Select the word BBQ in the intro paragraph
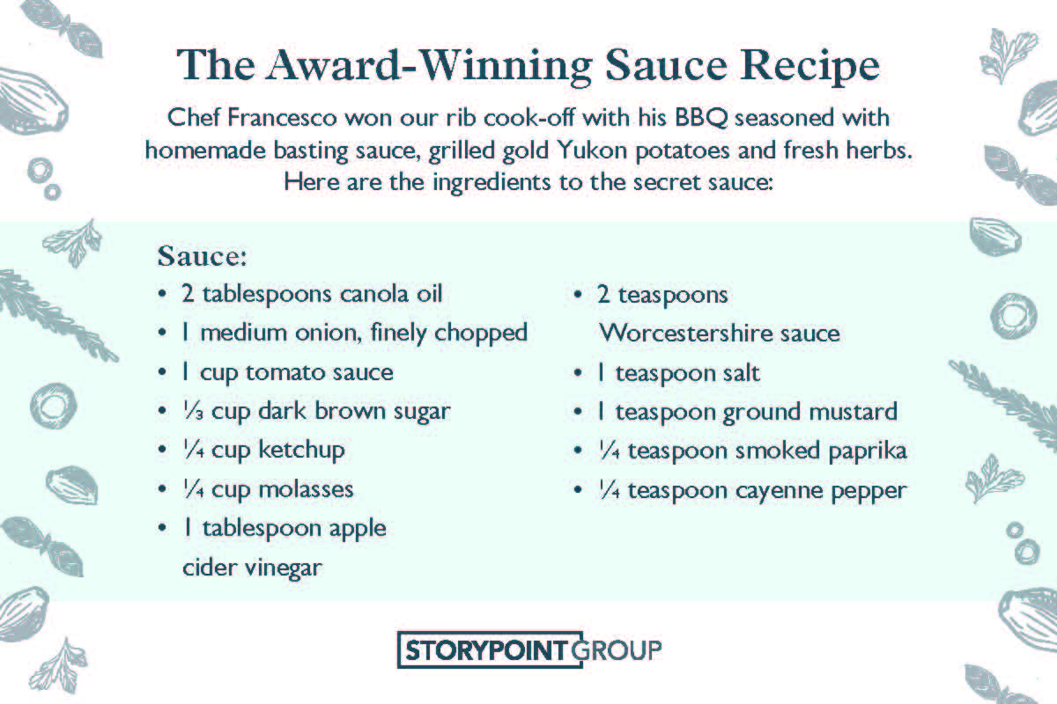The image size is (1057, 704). click(x=701, y=117)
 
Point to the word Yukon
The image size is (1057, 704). click(x=591, y=150)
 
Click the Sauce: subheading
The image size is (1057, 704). click(x=202, y=256)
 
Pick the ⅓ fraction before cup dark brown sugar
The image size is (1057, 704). click(x=193, y=411)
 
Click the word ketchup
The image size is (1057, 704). click(x=301, y=451)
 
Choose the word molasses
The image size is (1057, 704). click(x=306, y=489)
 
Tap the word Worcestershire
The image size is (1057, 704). click(x=686, y=334)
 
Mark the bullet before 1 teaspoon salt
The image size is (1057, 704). click(x=578, y=373)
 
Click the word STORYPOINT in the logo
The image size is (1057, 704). click(x=486, y=650)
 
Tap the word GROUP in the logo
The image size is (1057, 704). click(x=617, y=650)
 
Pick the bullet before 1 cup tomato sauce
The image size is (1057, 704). click(x=162, y=372)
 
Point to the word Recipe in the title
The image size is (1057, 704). click(x=809, y=67)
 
